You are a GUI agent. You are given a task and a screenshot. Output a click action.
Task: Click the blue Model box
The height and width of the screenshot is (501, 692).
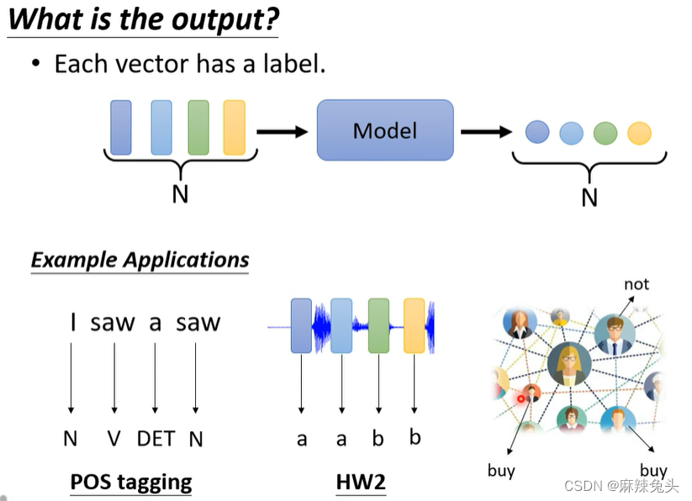(385, 130)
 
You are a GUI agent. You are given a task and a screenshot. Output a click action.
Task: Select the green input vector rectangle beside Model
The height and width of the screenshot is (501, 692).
(198, 128)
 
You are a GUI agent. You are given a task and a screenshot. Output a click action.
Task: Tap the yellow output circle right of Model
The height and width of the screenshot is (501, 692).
(639, 133)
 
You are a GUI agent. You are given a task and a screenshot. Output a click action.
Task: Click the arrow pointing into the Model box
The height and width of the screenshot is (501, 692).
(282, 131)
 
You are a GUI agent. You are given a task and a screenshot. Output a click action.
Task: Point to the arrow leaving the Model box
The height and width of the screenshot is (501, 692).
(486, 131)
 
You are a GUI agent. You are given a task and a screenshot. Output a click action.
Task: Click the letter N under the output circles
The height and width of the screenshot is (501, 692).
(589, 198)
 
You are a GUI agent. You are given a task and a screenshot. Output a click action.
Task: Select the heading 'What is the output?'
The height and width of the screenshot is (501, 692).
(144, 19)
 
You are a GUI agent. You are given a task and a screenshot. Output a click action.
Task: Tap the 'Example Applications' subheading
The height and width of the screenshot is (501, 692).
(140, 260)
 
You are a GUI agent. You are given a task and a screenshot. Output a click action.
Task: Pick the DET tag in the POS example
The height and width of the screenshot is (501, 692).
(156, 439)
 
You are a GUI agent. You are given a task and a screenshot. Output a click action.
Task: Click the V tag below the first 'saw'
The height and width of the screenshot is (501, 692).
(114, 439)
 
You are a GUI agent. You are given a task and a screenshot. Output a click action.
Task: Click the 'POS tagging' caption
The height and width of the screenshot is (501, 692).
(131, 482)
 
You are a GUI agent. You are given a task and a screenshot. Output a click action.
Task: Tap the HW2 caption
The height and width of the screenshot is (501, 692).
(361, 482)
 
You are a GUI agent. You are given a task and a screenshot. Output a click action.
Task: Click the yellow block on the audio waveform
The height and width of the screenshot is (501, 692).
(414, 325)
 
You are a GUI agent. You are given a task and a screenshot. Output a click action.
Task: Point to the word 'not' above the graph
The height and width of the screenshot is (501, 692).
(637, 284)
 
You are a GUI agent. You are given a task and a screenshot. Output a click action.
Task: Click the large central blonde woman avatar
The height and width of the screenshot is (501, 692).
(569, 364)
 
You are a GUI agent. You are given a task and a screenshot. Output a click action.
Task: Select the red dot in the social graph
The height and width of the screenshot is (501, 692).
(520, 398)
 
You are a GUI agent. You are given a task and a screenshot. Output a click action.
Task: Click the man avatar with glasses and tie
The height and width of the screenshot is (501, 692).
(615, 335)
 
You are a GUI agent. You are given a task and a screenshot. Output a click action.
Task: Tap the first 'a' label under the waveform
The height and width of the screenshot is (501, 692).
(302, 440)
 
